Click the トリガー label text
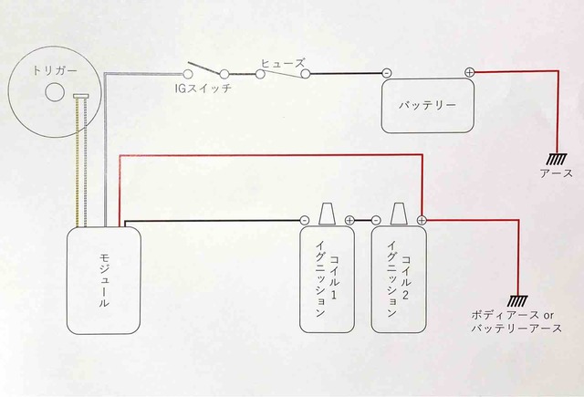(x=55, y=70)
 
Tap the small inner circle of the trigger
(x=55, y=92)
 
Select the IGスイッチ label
(x=203, y=89)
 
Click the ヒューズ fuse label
(x=283, y=63)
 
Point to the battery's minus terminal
(x=387, y=73)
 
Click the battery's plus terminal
(x=469, y=73)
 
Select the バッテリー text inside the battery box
(x=427, y=105)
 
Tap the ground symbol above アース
(x=557, y=160)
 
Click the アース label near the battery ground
(x=557, y=173)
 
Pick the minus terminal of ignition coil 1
(x=305, y=220)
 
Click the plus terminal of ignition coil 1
(x=349, y=221)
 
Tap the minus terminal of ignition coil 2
(x=376, y=220)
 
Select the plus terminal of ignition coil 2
(x=422, y=220)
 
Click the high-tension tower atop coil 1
(x=327, y=214)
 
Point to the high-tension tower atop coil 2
(x=398, y=214)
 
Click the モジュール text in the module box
(x=104, y=280)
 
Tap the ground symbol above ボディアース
(x=518, y=300)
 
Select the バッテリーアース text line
(x=516, y=329)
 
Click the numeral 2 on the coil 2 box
(x=405, y=296)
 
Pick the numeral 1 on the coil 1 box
(x=334, y=296)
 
